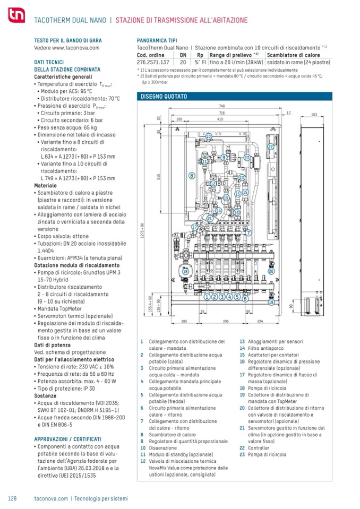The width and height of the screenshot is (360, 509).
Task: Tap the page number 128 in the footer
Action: (x=13, y=498)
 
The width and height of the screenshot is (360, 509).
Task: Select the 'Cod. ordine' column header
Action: (x=149, y=55)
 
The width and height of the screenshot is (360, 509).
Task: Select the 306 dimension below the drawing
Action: (x=226, y=321)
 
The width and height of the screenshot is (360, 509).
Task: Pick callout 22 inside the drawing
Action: (x=270, y=146)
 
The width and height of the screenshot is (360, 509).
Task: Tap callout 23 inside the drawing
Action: (x=247, y=158)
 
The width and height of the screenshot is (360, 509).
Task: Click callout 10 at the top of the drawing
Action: (x=208, y=136)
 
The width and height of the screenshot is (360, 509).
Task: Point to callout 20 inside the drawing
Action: (x=271, y=271)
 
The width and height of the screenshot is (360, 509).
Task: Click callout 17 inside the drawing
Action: (x=195, y=227)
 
